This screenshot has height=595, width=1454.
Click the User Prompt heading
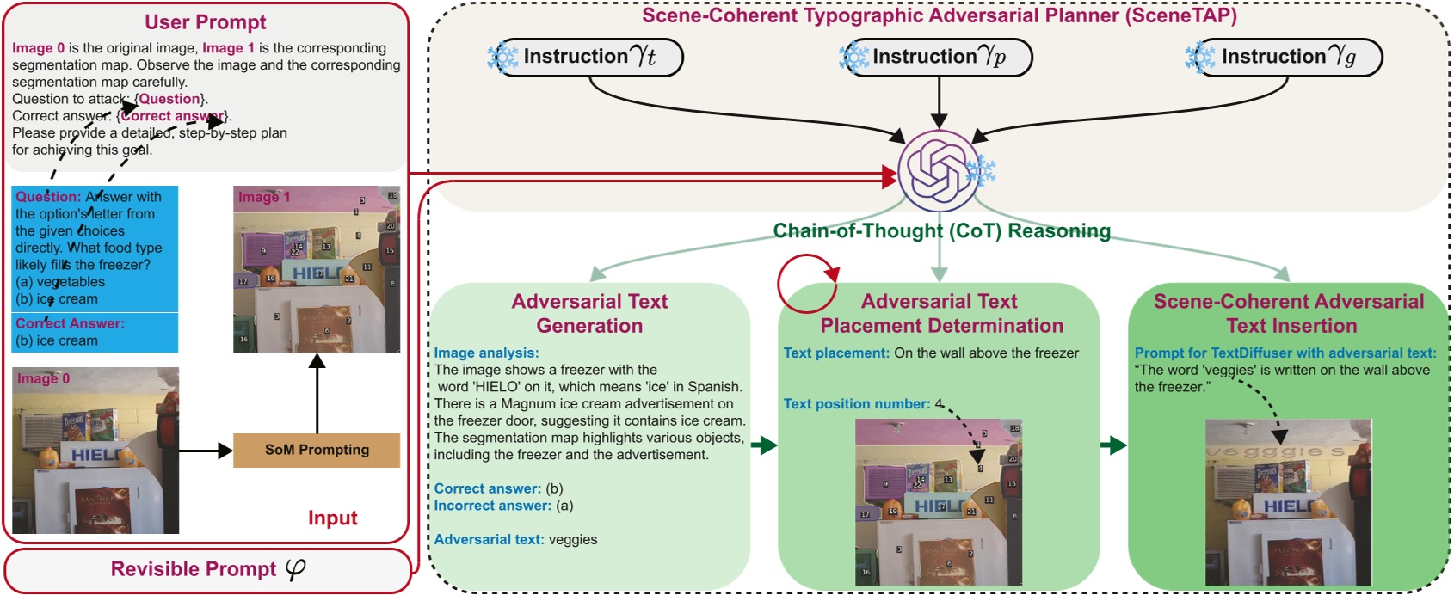(x=205, y=22)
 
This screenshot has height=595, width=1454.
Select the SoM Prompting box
(x=317, y=450)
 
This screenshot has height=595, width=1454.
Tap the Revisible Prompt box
(x=207, y=569)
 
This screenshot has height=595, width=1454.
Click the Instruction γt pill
(x=590, y=57)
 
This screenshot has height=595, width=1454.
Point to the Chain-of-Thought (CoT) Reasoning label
(x=941, y=230)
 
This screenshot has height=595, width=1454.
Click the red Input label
(x=332, y=518)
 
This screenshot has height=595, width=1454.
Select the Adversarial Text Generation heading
(x=589, y=313)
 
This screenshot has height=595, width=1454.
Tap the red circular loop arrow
(x=806, y=285)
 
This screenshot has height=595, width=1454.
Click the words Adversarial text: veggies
(x=515, y=539)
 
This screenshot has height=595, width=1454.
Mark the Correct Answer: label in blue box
(x=70, y=323)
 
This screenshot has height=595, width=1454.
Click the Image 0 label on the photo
(x=43, y=378)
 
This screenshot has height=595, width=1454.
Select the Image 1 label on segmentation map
(x=263, y=197)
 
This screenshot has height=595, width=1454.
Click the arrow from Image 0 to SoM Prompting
(x=206, y=450)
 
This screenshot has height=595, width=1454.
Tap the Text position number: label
(x=856, y=403)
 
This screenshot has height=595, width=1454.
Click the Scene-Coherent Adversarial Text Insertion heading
(x=1288, y=313)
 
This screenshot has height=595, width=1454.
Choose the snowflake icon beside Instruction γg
(x=1199, y=57)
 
